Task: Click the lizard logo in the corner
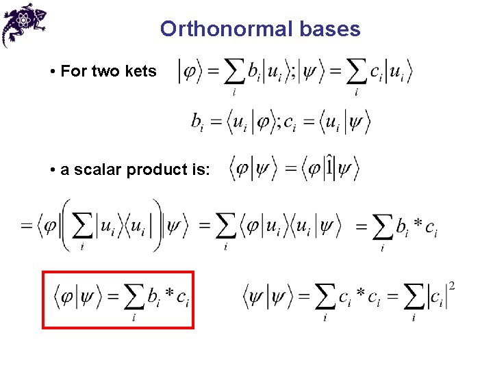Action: [24, 23]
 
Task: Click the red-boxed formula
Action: [118, 299]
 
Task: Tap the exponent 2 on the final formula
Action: [452, 284]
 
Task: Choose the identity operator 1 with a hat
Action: [329, 165]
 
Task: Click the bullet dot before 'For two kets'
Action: [53, 72]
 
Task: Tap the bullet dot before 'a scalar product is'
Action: [53, 170]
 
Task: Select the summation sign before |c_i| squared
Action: [414, 297]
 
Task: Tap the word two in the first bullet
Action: [110, 71]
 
